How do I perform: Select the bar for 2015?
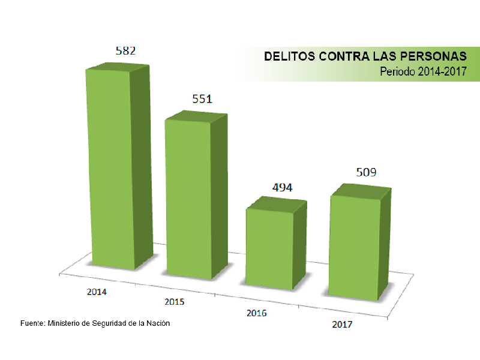click(189, 198)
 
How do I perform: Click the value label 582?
click(125, 50)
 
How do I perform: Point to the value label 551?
click(202, 99)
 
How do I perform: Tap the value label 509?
click(365, 173)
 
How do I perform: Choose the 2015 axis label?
click(174, 301)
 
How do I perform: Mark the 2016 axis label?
click(257, 313)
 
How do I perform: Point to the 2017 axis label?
click(342, 324)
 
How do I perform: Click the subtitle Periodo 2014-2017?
click(423, 71)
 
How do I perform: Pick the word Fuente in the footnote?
click(32, 323)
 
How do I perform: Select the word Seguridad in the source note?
click(111, 323)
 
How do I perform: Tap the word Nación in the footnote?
click(158, 323)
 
